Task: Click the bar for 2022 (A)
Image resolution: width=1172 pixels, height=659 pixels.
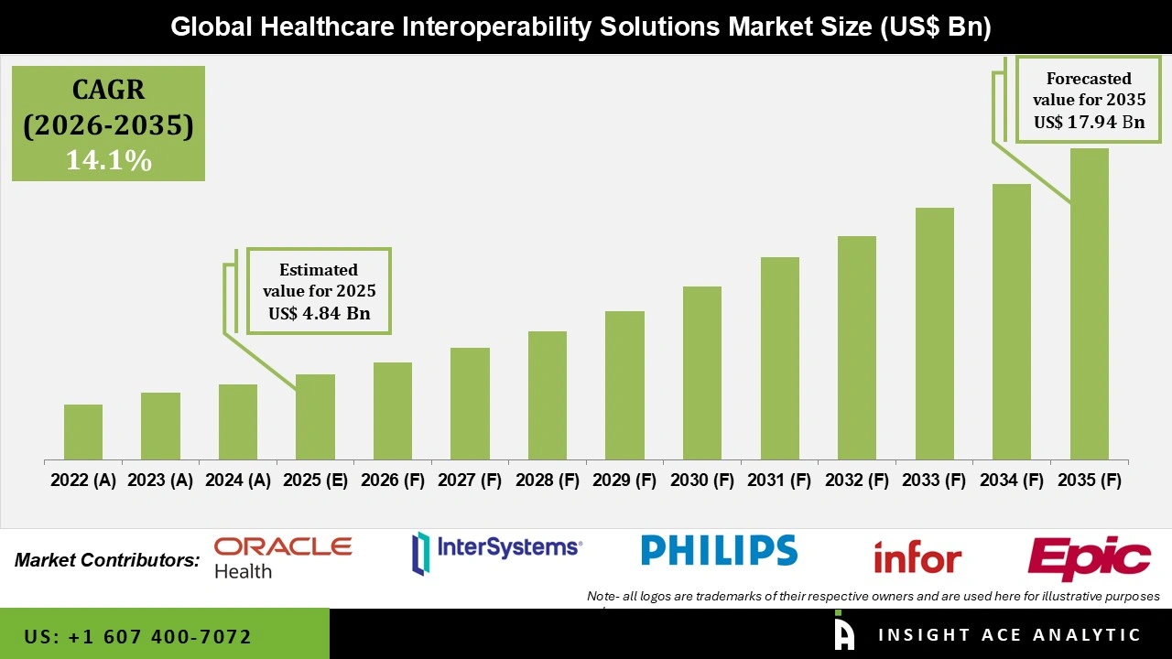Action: (83, 432)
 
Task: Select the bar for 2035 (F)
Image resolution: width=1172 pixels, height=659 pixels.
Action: (1089, 304)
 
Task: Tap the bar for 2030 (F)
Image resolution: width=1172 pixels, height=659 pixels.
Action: (702, 373)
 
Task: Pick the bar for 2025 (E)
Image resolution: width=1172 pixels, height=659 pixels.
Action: (315, 416)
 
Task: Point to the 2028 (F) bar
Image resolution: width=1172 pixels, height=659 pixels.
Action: (548, 395)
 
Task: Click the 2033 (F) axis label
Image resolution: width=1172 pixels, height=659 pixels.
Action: (935, 481)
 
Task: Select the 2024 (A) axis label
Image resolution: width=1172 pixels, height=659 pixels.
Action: (238, 481)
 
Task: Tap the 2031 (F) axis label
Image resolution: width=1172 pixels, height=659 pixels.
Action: (780, 481)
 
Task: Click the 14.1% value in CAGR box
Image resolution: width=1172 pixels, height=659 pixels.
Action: (108, 160)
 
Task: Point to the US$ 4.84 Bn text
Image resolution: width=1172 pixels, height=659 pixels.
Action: (318, 313)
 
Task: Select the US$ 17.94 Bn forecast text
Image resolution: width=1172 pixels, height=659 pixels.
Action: (1089, 122)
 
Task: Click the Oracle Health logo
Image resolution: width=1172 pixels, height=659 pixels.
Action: (282, 557)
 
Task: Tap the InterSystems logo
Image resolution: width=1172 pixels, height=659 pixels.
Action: (497, 550)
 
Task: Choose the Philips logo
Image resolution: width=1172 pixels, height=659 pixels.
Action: (719, 550)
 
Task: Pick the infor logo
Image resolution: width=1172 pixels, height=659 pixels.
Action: (917, 556)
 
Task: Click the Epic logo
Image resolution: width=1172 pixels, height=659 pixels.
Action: (1089, 556)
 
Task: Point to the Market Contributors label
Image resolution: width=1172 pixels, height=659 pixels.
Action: (106, 559)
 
